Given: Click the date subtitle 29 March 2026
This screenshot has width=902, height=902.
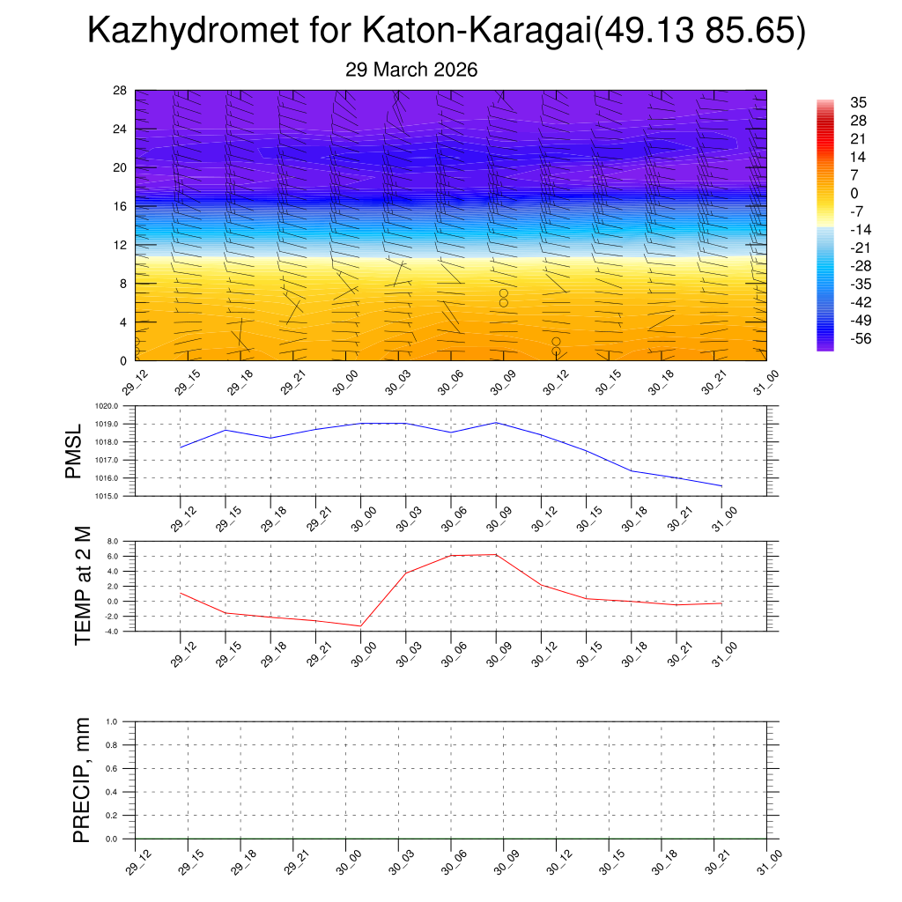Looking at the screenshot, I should pyautogui.click(x=411, y=70).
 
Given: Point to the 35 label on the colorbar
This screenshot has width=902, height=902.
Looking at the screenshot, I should pyautogui.click(x=857, y=102).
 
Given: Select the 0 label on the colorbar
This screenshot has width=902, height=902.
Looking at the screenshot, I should pyautogui.click(x=853, y=193).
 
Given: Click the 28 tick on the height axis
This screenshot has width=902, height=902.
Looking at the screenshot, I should pyautogui.click(x=121, y=91).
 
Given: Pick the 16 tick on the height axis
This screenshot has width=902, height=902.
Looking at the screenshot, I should pyautogui.click(x=121, y=206).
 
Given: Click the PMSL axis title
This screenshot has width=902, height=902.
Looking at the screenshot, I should pyautogui.click(x=74, y=451).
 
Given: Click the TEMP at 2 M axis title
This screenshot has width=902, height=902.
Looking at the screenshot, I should pyautogui.click(x=83, y=585).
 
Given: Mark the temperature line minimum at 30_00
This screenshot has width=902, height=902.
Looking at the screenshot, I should pyautogui.click(x=360, y=626).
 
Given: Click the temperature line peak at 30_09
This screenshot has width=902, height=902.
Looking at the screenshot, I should pyautogui.click(x=496, y=554).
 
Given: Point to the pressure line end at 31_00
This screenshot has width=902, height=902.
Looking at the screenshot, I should pyautogui.click(x=721, y=486).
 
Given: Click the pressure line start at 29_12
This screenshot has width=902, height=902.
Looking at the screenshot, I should pyautogui.click(x=181, y=447).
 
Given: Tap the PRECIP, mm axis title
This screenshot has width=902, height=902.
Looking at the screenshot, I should pyautogui.click(x=82, y=780).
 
